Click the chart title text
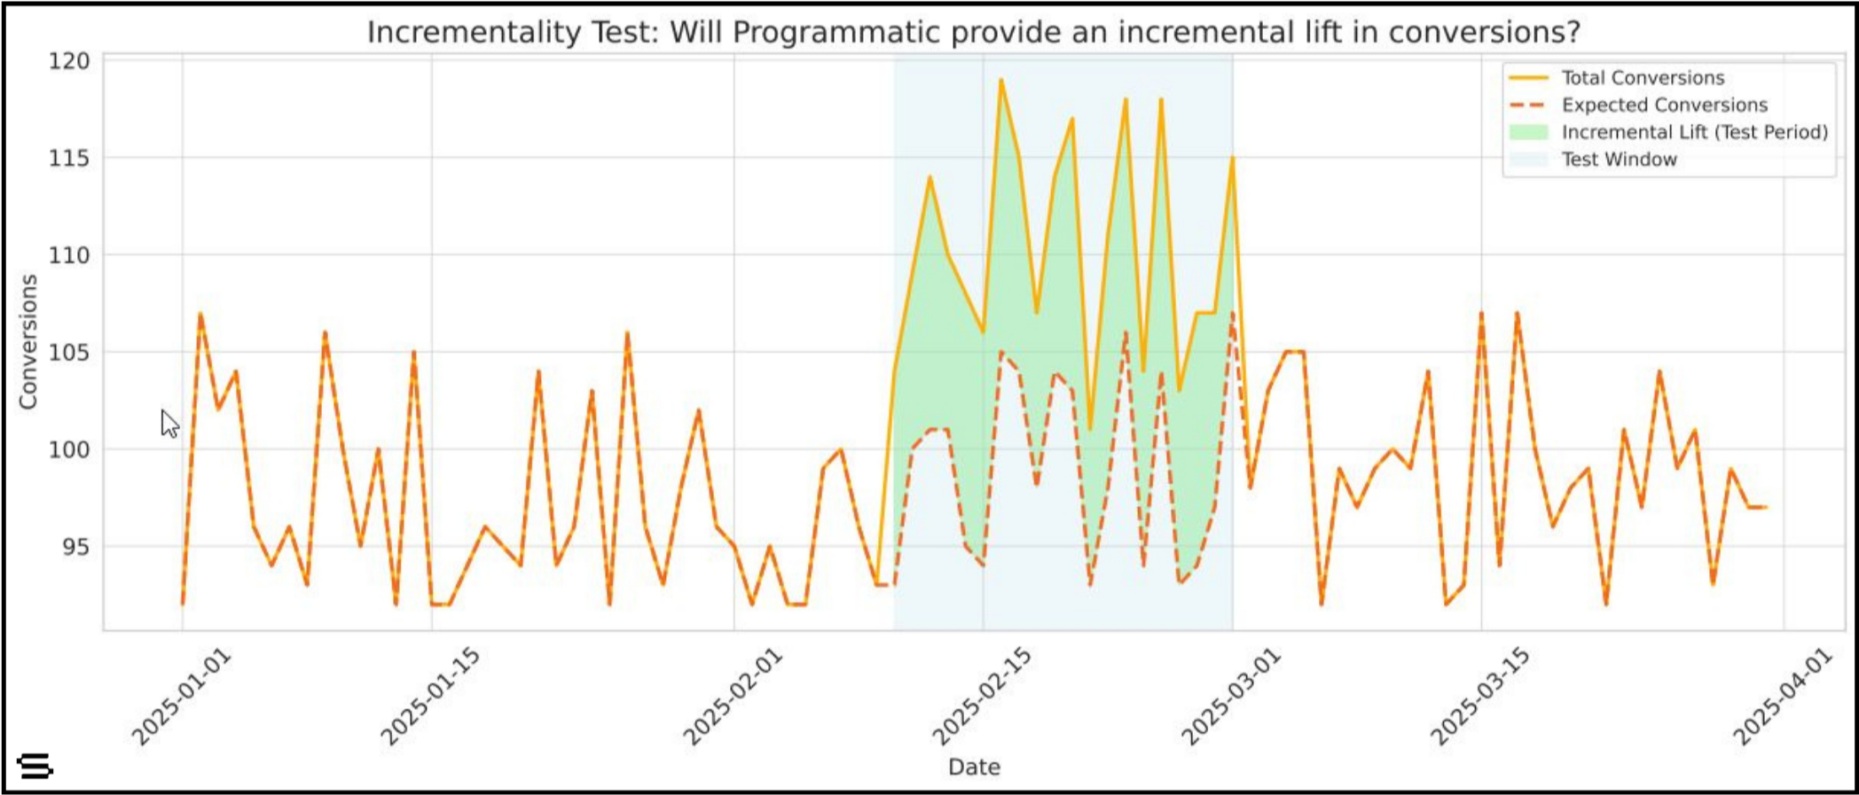pos(973,33)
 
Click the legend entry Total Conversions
pos(1642,78)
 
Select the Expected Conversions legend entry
pos(1664,105)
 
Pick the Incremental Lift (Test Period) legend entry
pos(1694,133)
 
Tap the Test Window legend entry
pos(1619,160)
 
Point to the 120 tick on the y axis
pos(69,61)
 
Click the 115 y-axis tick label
pos(69,159)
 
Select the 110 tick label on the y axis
pos(69,255)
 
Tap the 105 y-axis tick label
pos(69,353)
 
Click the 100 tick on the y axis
pos(69,449)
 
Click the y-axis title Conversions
pos(29,341)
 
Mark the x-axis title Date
pos(974,767)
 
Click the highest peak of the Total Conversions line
pos(1000,80)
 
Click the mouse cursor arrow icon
pos(169,423)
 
